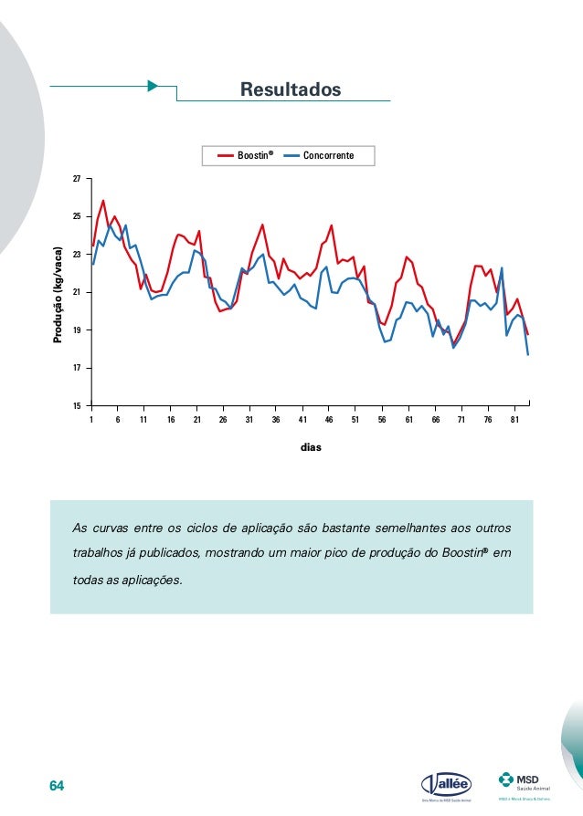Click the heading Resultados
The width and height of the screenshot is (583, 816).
[x=290, y=89]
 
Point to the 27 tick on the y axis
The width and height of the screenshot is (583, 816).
[x=79, y=179]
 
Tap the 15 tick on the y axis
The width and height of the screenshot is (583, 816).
[x=79, y=405]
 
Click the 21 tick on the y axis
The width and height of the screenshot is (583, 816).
[x=79, y=292]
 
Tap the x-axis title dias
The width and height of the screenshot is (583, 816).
[x=311, y=448]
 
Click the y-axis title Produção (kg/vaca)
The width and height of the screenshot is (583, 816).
[x=58, y=294]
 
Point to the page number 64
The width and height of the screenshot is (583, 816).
[x=58, y=786]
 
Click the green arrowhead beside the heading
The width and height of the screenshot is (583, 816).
[x=153, y=86]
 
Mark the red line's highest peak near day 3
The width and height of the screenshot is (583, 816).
[x=103, y=200]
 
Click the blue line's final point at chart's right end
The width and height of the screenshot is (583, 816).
[x=528, y=354]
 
